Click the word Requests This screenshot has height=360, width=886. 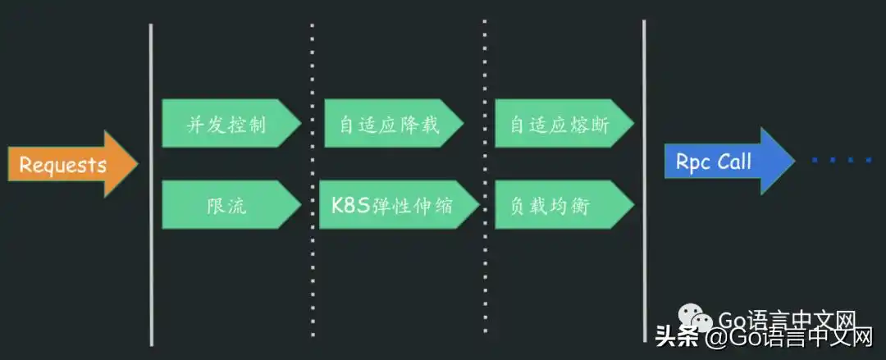62,165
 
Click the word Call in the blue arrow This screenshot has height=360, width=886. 734,162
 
